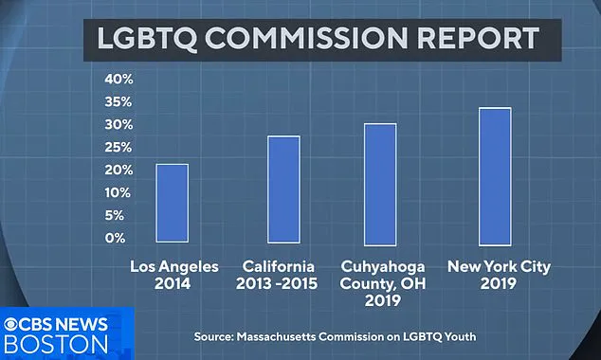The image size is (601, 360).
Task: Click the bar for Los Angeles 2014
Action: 172,203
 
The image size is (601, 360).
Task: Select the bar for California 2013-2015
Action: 283,189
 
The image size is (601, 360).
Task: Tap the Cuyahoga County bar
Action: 380,184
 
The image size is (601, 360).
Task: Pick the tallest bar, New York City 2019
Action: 495,176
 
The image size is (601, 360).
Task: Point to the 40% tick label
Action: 118,79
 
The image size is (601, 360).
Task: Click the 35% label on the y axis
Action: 118,101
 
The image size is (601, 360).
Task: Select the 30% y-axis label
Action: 118,124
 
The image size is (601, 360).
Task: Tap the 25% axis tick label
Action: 118,147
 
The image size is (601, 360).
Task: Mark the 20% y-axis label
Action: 118,170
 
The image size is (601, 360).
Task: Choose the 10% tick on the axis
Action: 118,192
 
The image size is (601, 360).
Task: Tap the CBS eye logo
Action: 14,322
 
